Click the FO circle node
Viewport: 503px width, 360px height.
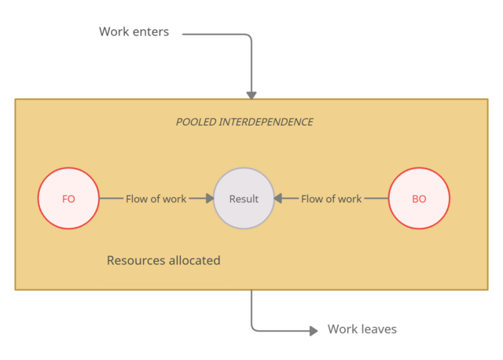[68, 199]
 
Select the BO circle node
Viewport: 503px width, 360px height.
[419, 199]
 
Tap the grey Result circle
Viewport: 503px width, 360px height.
[244, 199]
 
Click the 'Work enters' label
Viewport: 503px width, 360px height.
[134, 32]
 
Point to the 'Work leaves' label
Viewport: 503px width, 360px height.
[362, 329]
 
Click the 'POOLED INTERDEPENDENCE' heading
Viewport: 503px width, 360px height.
[244, 122]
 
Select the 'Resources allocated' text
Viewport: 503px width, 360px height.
[163, 260]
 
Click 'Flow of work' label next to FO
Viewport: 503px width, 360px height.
[156, 199]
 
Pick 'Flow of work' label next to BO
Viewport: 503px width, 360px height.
[331, 199]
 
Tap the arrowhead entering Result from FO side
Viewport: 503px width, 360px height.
[210, 199]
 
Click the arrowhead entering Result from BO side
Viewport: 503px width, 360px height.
[278, 199]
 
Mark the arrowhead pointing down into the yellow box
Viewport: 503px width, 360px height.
[251, 95]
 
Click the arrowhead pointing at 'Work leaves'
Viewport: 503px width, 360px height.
[314, 330]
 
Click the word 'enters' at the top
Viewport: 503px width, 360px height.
[151, 32]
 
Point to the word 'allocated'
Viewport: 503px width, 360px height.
[194, 260]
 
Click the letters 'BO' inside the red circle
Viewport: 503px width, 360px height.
[419, 199]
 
